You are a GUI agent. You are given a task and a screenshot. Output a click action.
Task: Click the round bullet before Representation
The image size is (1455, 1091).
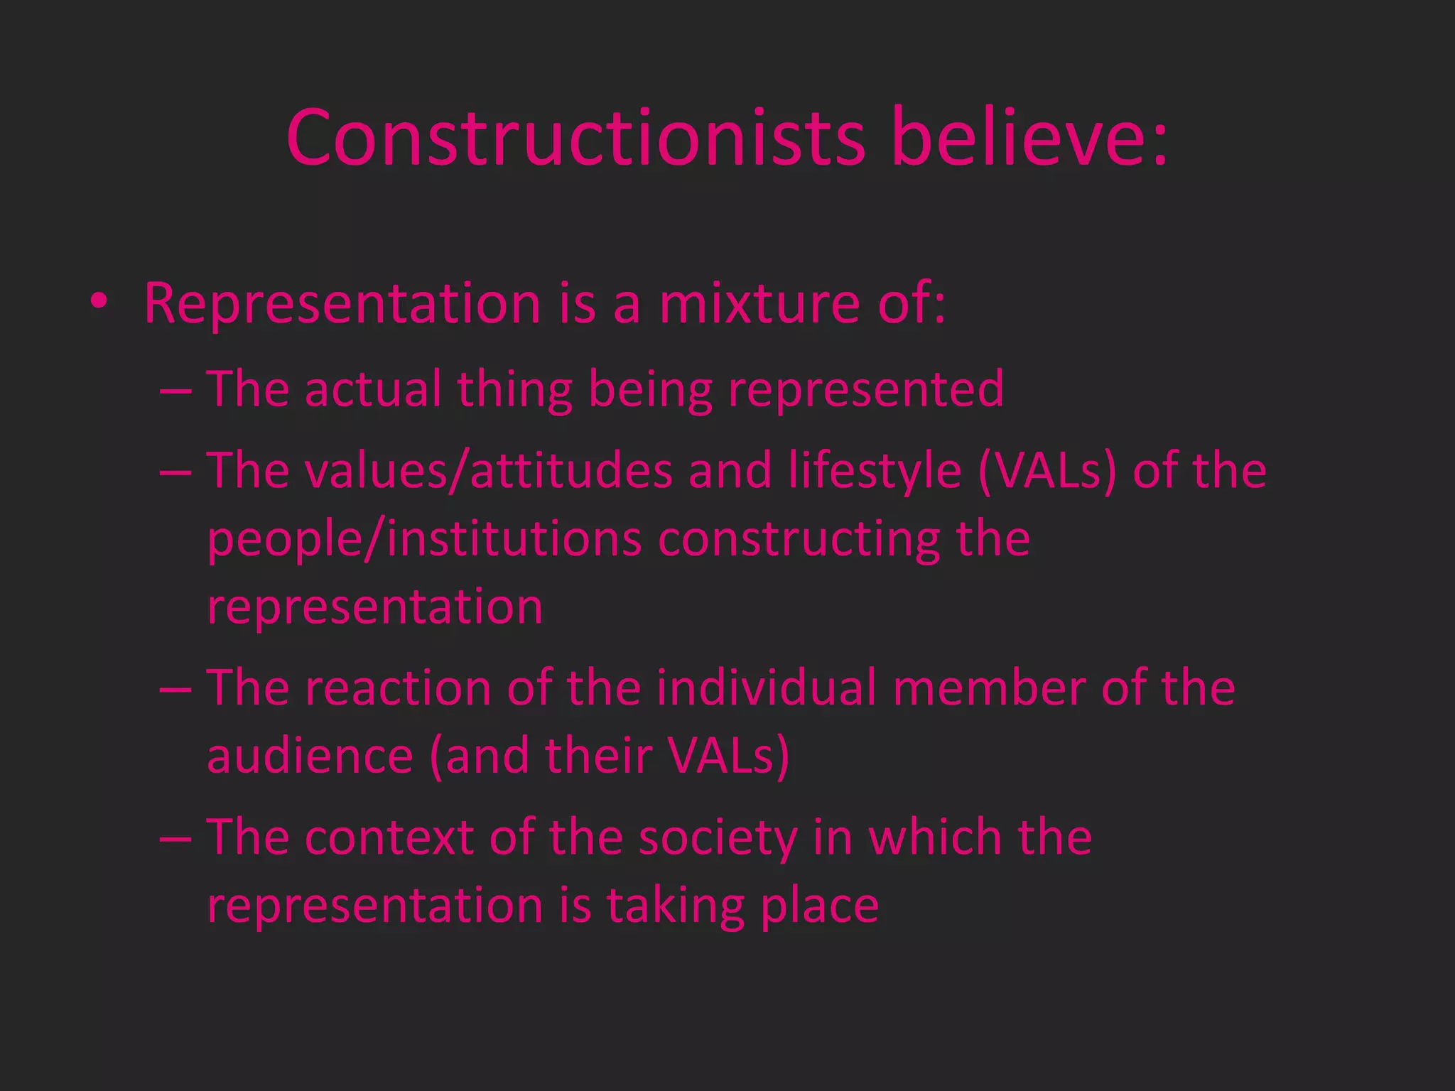(x=99, y=301)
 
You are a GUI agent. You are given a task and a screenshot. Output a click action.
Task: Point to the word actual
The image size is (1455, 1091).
(x=373, y=389)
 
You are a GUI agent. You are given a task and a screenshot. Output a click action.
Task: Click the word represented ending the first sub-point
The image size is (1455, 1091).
(x=866, y=390)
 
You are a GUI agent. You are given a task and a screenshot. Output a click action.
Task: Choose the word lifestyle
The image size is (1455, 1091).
(x=875, y=472)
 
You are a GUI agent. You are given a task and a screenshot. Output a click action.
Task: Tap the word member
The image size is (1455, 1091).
(x=988, y=688)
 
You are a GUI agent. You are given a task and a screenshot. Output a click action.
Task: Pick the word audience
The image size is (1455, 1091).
(x=310, y=755)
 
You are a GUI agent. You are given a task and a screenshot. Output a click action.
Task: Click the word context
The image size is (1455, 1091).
(x=389, y=837)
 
